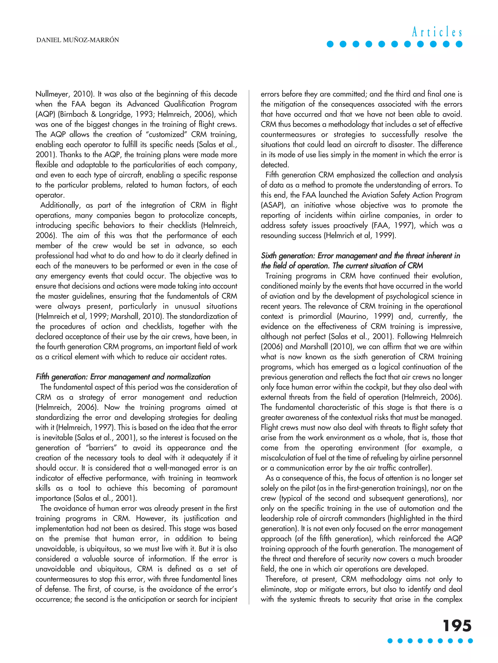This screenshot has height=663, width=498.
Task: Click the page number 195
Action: [x=457, y=626]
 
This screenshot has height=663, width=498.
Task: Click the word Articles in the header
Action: [x=437, y=32]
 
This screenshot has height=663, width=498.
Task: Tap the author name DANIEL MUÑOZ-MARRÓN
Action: [x=77, y=40]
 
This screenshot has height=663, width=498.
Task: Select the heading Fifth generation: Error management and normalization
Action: [x=123, y=377]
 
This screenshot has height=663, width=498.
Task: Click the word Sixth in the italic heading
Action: [x=269, y=256]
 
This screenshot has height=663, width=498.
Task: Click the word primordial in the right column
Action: [x=315, y=317]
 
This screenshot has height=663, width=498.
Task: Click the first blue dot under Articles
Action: [x=330, y=44]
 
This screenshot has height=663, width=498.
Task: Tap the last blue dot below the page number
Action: [x=470, y=641]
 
